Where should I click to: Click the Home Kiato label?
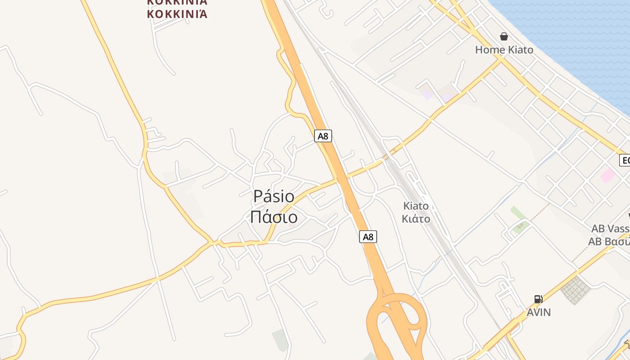[x=504, y=49]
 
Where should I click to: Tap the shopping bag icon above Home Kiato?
[x=504, y=36]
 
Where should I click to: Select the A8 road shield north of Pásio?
[x=323, y=136]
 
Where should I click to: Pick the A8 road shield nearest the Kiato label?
[x=368, y=237]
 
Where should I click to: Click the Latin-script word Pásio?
[x=274, y=196]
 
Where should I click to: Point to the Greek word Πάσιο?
[x=274, y=217]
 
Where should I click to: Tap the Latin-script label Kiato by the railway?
[x=416, y=206]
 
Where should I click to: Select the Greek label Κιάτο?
[x=416, y=219]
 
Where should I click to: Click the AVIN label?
[x=539, y=312]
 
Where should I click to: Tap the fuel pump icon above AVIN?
[x=538, y=299]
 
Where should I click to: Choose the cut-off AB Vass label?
[x=610, y=229]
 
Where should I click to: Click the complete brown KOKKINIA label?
[x=177, y=14]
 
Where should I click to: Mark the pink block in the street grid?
[x=607, y=175]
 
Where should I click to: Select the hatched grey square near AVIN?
[x=575, y=290]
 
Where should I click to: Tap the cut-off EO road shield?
[x=625, y=160]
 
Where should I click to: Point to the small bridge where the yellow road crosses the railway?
[x=385, y=157]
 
